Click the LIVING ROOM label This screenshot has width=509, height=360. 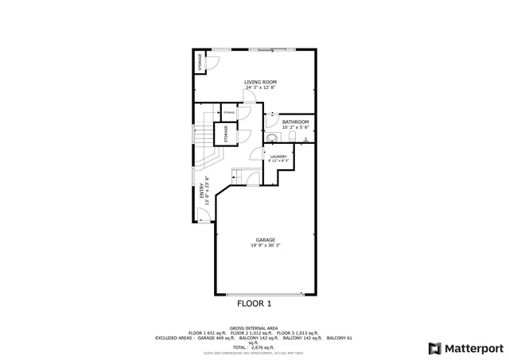pos(261,81)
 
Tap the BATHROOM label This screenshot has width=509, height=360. pos(295,122)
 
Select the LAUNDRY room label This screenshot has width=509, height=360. pos(278,157)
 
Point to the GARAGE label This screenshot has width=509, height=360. pos(265,239)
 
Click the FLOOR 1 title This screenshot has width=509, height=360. pos(254,304)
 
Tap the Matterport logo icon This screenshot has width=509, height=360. pos(433,347)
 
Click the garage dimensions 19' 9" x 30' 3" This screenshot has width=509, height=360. pos(265,246)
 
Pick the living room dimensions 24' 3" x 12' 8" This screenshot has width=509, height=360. pos(261,87)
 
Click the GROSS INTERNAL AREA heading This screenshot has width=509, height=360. pos(254,327)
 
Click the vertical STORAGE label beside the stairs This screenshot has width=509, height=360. pos(226,134)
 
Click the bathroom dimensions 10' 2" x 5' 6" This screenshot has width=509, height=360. pos(295,127)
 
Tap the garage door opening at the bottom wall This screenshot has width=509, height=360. pos(266,294)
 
